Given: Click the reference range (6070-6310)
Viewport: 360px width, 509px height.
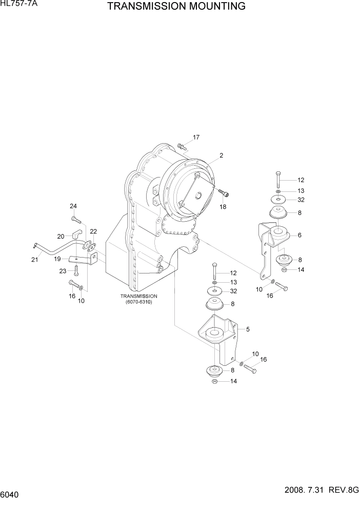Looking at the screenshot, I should [x=138, y=302].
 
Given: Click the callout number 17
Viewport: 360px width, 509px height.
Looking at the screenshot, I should [x=196, y=137].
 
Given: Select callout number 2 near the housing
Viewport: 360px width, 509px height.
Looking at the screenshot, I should [x=221, y=155].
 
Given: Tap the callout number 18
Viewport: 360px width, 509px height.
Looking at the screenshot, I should [x=223, y=206].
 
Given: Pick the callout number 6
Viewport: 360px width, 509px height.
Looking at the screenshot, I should [x=299, y=235].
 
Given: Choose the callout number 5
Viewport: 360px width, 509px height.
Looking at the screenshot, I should [x=248, y=329].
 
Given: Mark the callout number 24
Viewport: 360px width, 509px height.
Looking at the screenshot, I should [x=73, y=206].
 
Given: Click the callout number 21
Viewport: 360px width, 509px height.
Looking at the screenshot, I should [x=34, y=260].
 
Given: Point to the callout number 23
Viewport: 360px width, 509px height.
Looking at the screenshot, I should [x=63, y=271].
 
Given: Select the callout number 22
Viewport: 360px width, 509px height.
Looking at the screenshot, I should [x=93, y=232].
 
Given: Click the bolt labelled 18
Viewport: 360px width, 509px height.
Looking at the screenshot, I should [x=225, y=193].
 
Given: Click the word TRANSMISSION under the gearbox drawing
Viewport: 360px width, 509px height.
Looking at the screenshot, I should [x=138, y=296].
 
